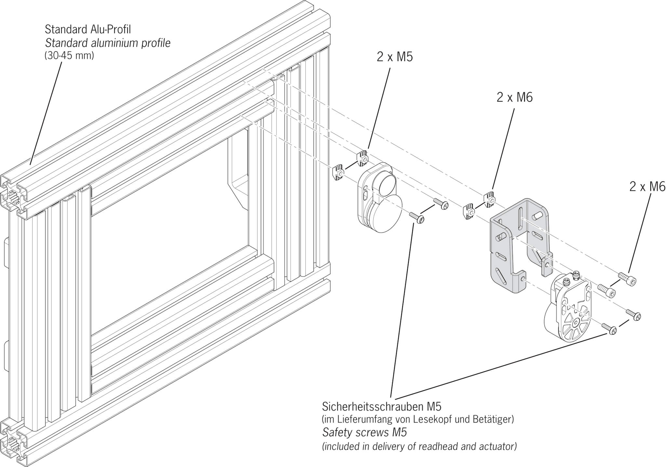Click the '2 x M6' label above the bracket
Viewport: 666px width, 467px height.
pyautogui.click(x=514, y=97)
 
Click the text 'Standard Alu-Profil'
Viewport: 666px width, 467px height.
pyautogui.click(x=87, y=29)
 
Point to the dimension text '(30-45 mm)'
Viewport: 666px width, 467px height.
pyautogui.click(x=69, y=56)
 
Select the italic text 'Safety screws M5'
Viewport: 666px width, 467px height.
pyautogui.click(x=364, y=433)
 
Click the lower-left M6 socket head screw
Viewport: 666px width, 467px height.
pyautogui.click(x=606, y=290)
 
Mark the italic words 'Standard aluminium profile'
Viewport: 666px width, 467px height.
pyautogui.click(x=108, y=43)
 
